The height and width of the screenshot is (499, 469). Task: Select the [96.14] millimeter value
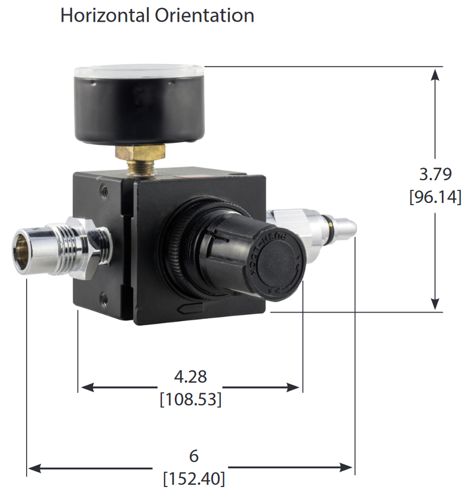coord(434,197)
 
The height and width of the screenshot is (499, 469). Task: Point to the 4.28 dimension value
coord(190,376)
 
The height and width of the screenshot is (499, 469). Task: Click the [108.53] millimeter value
coord(190,400)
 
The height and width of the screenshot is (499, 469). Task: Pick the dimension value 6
coord(194,456)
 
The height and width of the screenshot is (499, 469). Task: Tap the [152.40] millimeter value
coord(194,479)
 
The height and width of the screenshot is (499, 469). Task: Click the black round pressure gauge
coord(139,105)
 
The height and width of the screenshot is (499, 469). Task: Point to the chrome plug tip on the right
coord(343,227)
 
